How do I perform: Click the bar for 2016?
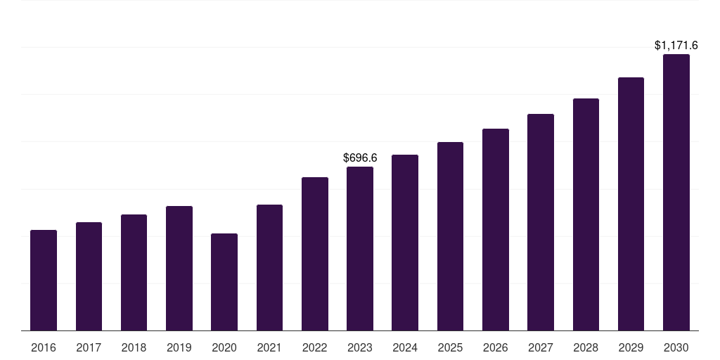pos(44,280)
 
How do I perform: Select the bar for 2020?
pos(224,282)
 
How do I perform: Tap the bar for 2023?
pos(360,248)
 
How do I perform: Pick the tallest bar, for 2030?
pos(676,192)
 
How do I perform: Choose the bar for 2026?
pos(496,229)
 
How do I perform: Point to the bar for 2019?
pos(179,268)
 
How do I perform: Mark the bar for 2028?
pos(586,214)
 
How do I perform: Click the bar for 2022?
pos(315,254)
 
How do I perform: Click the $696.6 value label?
pos(360,158)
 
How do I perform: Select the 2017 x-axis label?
pos(89,347)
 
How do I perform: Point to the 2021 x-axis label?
pos(269,347)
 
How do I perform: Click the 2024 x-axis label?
pos(405,347)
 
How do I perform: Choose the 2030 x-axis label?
pos(676,347)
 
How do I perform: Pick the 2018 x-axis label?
pos(134,347)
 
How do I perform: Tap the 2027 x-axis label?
pos(541,347)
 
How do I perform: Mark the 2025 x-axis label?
pos(450,347)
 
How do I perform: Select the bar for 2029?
pos(631,204)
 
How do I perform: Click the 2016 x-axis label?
pos(44,347)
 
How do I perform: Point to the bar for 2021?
pos(269,267)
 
